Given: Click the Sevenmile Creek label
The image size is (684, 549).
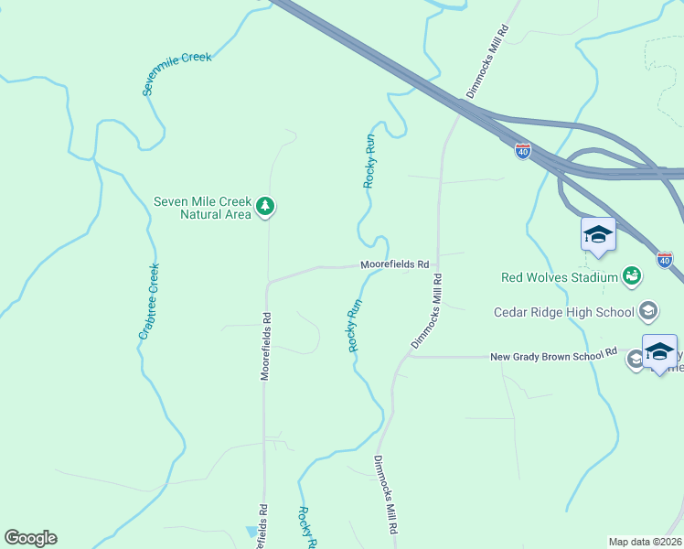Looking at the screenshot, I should [177, 73].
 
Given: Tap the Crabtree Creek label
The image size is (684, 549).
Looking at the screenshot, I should [149, 301].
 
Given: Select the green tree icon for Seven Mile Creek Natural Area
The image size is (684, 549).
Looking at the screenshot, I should [265, 206].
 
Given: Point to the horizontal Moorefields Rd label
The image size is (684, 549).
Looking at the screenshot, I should [394, 264].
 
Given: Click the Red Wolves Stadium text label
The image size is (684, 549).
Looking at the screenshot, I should [560, 276].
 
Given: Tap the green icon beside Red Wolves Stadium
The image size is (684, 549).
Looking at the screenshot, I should [631, 275].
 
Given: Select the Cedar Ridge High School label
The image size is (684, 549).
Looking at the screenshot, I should [563, 312].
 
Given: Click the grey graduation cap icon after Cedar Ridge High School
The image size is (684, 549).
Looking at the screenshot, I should [648, 312].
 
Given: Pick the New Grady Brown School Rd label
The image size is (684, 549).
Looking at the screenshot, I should [554, 356].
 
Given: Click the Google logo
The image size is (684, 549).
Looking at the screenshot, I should [30, 538].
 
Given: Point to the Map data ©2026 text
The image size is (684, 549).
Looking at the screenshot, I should [644, 542].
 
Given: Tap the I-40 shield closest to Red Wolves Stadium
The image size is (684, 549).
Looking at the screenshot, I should [665, 261].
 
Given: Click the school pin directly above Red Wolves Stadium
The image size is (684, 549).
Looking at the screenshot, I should [598, 235].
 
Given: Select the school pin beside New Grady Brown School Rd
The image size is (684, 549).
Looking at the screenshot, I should [659, 353].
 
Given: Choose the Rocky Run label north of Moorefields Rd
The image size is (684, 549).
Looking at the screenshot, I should [369, 161].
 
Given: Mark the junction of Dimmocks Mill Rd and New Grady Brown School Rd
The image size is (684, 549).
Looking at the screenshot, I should [408, 356].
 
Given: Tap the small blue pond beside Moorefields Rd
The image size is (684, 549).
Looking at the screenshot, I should [251, 531].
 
